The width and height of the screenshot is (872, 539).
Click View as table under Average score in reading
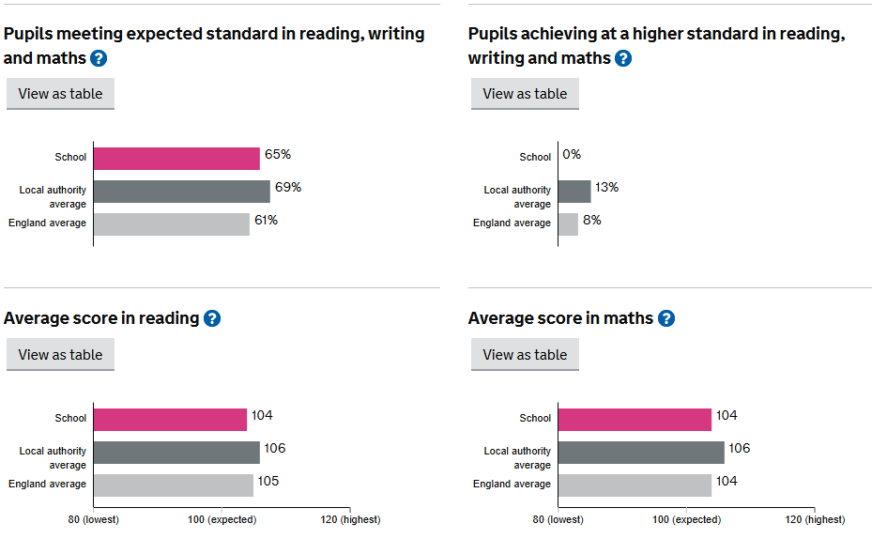click(x=60, y=355)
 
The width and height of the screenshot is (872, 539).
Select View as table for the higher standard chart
click(x=525, y=94)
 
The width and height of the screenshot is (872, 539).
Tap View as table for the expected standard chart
click(x=60, y=94)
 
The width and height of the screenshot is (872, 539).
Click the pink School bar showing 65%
click(x=176, y=158)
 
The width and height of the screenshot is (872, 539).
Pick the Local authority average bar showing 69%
click(x=182, y=192)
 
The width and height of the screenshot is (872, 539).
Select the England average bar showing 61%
click(x=172, y=223)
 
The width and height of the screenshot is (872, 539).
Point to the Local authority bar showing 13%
click(x=574, y=192)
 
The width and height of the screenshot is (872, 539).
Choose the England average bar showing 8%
click(x=569, y=223)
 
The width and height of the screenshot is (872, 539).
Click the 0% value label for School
click(x=572, y=155)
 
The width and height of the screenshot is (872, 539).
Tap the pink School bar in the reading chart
click(x=170, y=419)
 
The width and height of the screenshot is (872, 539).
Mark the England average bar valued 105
click(x=174, y=485)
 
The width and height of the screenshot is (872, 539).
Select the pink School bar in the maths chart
click(x=635, y=419)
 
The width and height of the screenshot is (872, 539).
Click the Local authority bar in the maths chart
click(x=641, y=453)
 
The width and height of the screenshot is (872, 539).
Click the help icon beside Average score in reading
click(x=212, y=318)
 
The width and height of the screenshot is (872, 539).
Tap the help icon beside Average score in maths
click(x=666, y=318)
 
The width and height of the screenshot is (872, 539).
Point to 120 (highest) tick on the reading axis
click(x=349, y=519)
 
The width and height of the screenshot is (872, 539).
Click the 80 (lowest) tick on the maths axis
click(x=558, y=519)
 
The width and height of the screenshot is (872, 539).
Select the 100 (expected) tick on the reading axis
click(x=221, y=519)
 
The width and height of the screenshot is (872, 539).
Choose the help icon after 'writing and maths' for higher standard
click(x=623, y=58)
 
